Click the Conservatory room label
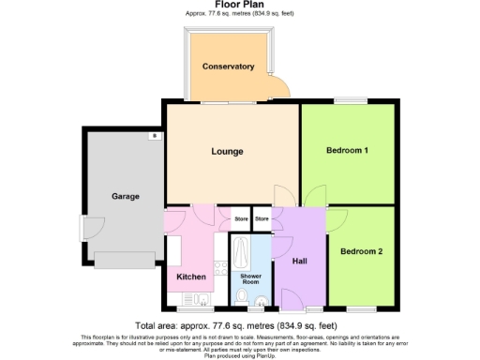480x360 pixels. tap(229, 67)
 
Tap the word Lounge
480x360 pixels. tap(227, 151)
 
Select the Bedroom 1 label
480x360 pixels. tap(347, 151)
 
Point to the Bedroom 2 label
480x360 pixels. tap(361, 251)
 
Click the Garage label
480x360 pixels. tap(126, 197)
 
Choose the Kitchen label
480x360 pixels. tap(191, 277)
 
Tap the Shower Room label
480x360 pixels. tap(250, 279)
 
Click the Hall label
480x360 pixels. tap(301, 261)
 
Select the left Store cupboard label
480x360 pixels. tap(241, 219)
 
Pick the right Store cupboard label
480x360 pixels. tap(262, 219)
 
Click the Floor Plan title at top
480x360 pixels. tap(240, 6)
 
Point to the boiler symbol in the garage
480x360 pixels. tap(152, 137)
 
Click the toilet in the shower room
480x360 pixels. tap(242, 298)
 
